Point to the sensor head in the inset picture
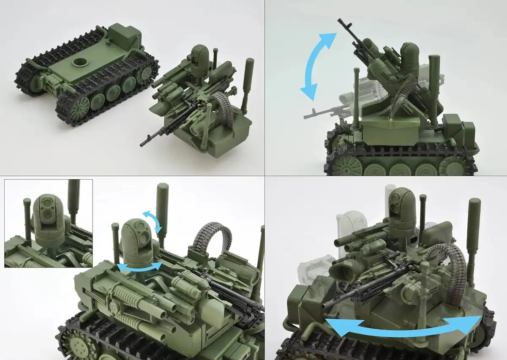click(48, 215)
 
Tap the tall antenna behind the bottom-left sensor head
click(162, 207)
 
